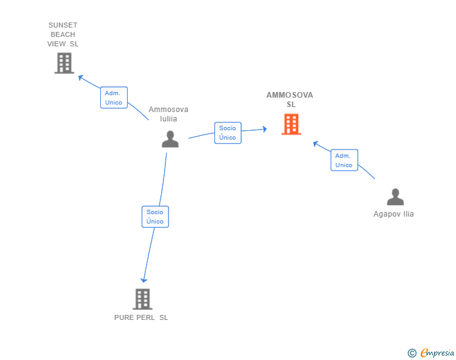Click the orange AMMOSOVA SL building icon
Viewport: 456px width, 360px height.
click(291, 124)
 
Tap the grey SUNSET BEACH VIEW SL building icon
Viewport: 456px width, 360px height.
click(65, 63)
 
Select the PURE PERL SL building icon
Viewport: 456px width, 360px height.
click(143, 299)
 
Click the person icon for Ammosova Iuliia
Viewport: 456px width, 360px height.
click(170, 139)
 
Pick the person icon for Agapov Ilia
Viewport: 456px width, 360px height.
click(395, 197)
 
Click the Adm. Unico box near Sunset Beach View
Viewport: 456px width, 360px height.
click(114, 98)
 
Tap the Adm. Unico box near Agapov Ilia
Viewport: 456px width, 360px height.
click(344, 160)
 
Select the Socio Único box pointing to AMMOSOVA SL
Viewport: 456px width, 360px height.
click(228, 133)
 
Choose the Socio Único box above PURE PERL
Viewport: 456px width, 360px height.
click(155, 217)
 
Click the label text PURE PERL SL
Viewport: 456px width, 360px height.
click(141, 317)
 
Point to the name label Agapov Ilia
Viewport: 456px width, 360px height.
click(393, 214)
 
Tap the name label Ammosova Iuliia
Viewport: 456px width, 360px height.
click(168, 114)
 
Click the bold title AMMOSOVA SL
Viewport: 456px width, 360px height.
click(289, 100)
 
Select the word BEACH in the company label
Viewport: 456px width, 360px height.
click(63, 34)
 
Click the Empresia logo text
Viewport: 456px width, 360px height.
click(437, 352)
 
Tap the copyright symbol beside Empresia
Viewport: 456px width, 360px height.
click(412, 353)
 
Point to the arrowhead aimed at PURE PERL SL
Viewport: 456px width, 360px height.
click(143, 280)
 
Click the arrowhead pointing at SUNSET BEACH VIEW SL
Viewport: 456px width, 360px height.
click(81, 78)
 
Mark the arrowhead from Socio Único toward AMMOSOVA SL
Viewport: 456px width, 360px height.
click(264, 129)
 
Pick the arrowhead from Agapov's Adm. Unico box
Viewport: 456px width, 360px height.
click(316, 143)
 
